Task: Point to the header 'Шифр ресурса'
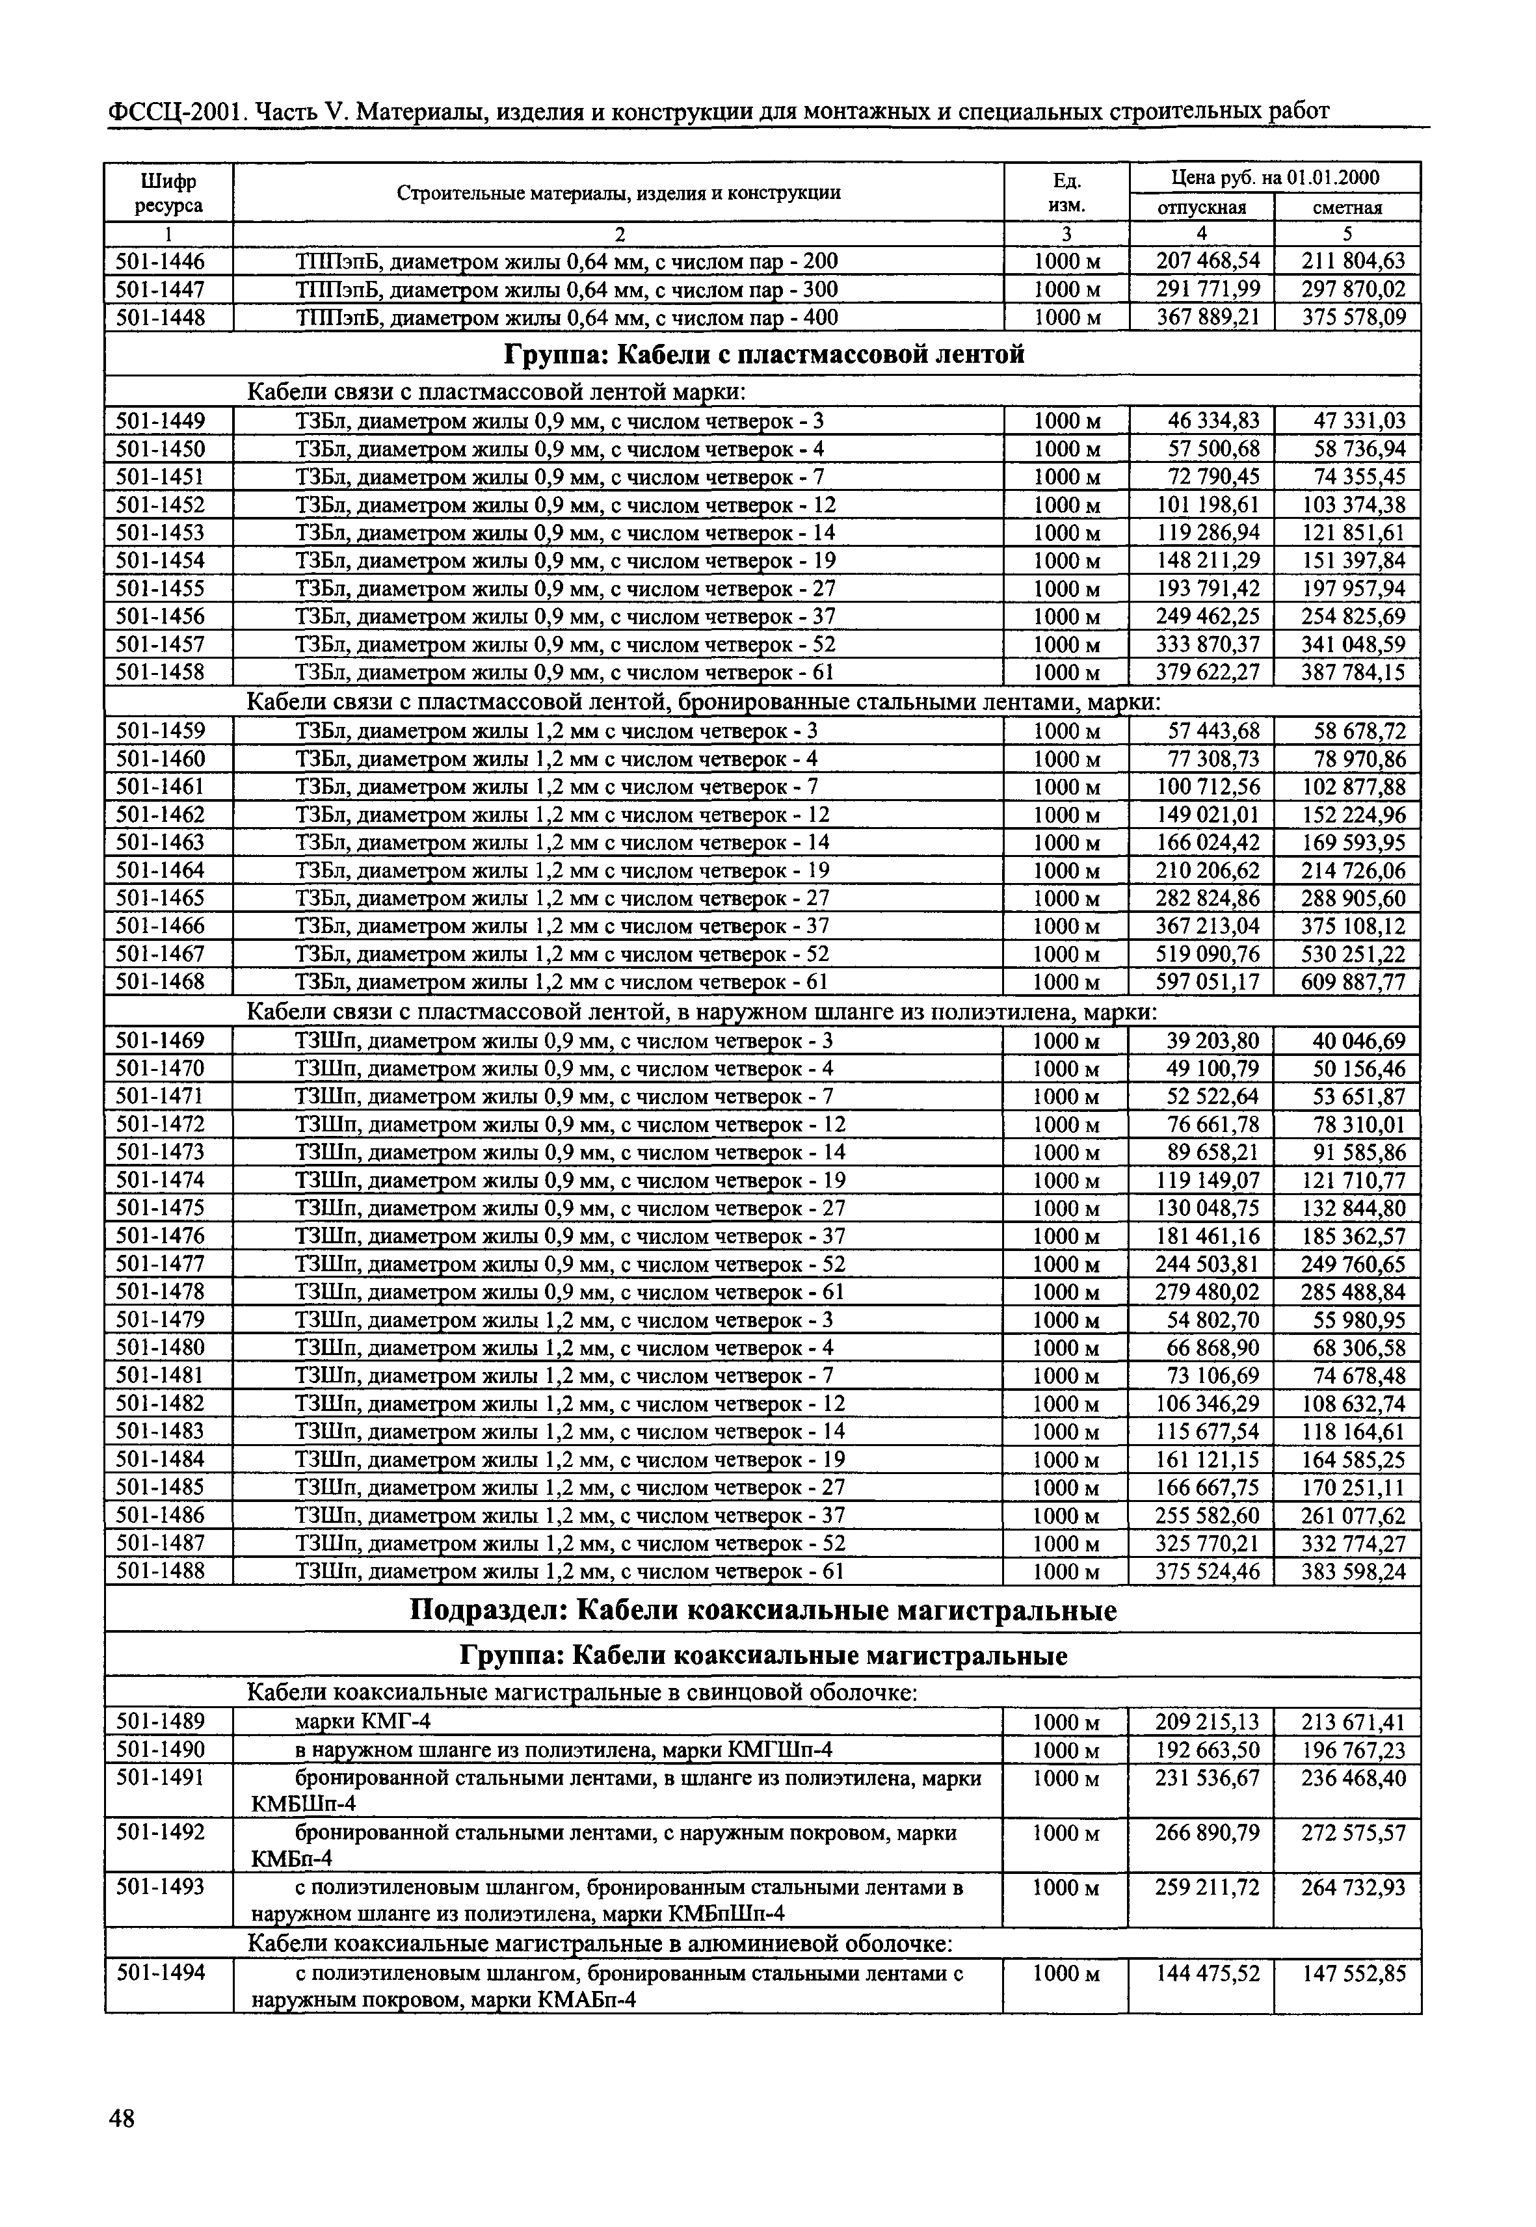(x=168, y=192)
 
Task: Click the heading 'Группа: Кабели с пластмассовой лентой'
(x=764, y=355)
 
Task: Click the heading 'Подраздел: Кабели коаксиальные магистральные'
(x=763, y=1611)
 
